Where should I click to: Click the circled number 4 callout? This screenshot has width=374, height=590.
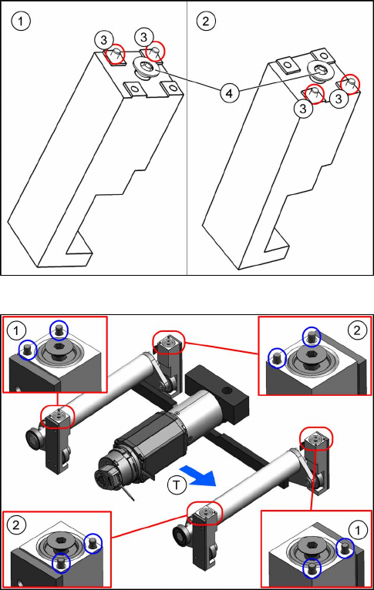(229, 92)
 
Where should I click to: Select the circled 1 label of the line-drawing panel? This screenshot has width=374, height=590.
(20, 21)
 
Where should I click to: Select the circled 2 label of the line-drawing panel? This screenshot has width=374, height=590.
(206, 21)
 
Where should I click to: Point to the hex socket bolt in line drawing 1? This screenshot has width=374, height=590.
(147, 68)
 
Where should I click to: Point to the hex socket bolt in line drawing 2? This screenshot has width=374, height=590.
(322, 71)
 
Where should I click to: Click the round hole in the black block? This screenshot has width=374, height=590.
(227, 391)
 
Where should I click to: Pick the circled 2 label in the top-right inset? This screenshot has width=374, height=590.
(357, 330)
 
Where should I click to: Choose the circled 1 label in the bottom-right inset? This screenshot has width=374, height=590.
(357, 530)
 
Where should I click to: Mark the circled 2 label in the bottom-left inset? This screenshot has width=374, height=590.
(16, 525)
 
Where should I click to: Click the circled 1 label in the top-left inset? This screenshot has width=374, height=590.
(16, 330)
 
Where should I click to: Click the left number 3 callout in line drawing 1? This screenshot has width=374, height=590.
(104, 39)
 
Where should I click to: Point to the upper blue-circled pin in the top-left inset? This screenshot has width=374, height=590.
(59, 330)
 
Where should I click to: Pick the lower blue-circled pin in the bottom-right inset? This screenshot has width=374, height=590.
(312, 568)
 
